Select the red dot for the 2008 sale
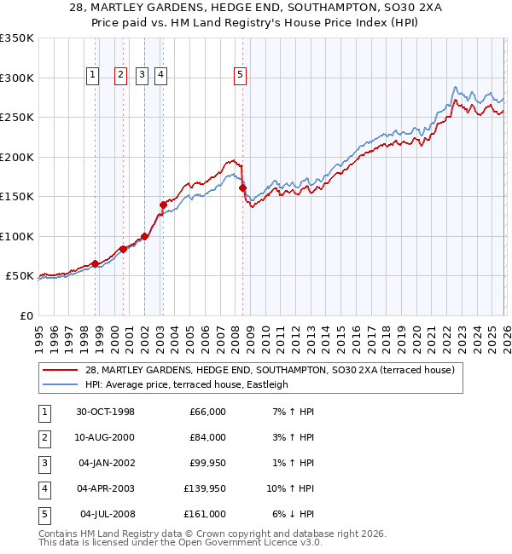point(243,188)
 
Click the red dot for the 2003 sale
point(162,205)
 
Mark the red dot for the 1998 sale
point(95,263)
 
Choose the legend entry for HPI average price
point(187,384)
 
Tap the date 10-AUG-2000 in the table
point(105,437)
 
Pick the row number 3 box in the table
point(44,463)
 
